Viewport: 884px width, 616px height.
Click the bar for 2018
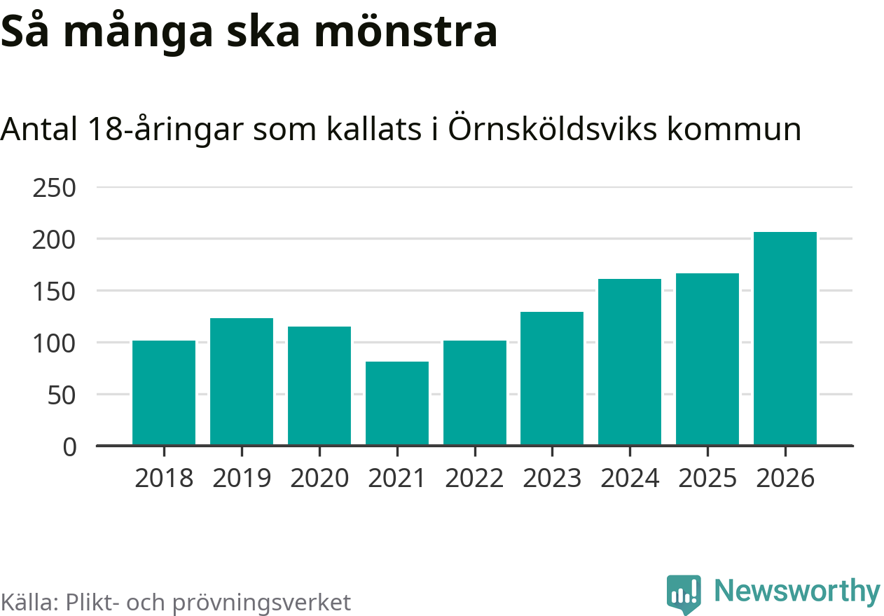(x=164, y=392)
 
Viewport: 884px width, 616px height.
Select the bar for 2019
(x=242, y=381)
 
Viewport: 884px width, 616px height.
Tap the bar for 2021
(x=397, y=403)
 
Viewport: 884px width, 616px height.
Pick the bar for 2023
(x=552, y=378)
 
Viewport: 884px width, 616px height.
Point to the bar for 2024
(x=630, y=362)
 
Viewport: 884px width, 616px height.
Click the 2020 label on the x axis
(x=319, y=478)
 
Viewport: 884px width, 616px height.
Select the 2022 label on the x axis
(x=474, y=478)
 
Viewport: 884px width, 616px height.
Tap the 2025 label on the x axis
(x=707, y=478)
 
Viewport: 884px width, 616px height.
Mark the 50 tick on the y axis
(x=62, y=395)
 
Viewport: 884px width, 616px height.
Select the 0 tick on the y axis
(x=69, y=446)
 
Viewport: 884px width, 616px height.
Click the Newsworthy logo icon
(x=683, y=594)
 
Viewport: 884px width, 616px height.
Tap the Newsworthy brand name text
(x=796, y=591)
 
